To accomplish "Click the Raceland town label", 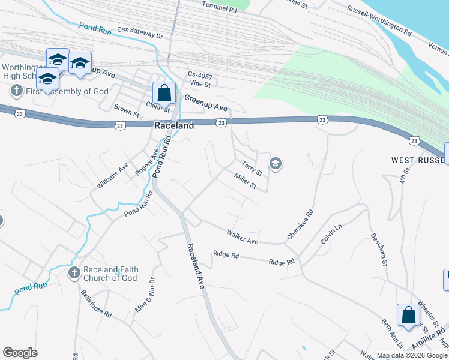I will pos(174,126).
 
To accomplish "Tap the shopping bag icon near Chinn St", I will pos(164,94).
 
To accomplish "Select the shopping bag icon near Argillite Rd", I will pos(408,315).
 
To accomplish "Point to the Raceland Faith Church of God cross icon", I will pos(74,274).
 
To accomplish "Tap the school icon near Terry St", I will pos(276,163).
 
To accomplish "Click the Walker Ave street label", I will pos(242,236).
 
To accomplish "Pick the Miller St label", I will pos(246,181).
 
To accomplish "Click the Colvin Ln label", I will pos(331,233).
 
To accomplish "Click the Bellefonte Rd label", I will pos(96,305).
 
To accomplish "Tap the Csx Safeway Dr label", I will pos(139,32).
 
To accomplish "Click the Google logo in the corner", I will pos(20,352).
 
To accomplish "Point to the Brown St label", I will pos(127,110).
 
